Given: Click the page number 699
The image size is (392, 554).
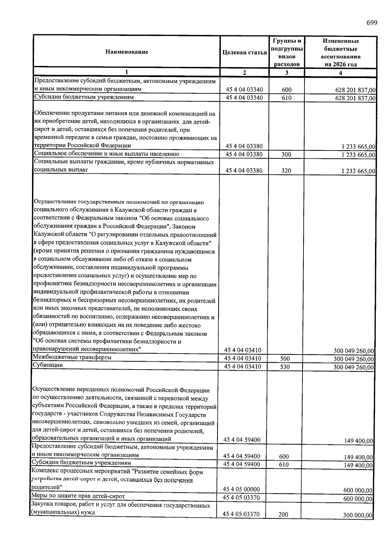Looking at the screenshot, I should pos(371,23).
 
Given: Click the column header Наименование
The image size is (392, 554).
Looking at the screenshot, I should pos(126,52).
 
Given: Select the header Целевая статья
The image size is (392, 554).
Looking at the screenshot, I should pos(244,52).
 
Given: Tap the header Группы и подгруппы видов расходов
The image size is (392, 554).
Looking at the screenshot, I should pos(286,52).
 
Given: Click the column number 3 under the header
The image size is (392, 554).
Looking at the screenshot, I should pos(286,73).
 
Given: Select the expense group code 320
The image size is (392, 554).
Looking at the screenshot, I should pos(286,170).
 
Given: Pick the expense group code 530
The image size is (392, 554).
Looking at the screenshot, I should pos(285,367).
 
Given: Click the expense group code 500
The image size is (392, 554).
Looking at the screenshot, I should pos(285,358).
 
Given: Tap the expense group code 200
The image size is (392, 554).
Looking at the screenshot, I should pos(283,514).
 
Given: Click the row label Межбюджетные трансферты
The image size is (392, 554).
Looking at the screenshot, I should pos(72,357).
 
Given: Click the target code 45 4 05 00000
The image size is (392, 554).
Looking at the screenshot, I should pos(241,489).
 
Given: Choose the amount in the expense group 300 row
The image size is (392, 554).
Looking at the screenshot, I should pos(358,155).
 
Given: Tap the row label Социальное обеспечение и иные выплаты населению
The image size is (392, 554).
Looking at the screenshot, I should pos(106,154).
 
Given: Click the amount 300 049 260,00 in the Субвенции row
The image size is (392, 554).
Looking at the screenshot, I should pos(353,367).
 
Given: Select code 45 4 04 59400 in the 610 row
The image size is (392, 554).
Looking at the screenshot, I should pos(241,464).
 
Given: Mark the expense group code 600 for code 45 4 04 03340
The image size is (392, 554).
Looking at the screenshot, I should pos(286,90).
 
